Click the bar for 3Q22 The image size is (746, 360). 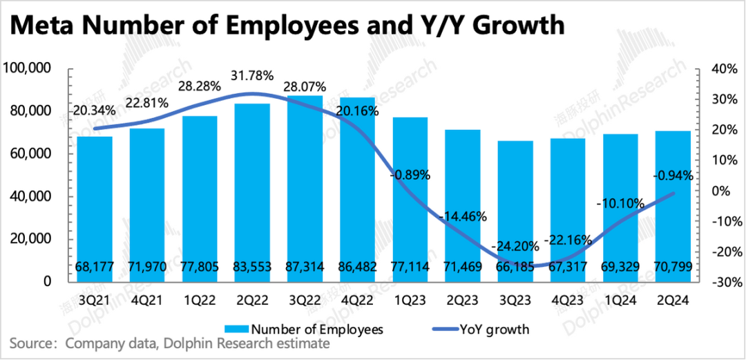coord(305,187)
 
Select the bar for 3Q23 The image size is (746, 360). coord(515,207)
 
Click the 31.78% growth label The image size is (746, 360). coord(251,75)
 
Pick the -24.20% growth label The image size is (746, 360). coord(515,246)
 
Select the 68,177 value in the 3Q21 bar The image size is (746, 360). coord(94,267)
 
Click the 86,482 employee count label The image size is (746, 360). coord(357,267)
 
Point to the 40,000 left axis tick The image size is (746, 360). coord(30,197)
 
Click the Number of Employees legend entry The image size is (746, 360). coord(308,329)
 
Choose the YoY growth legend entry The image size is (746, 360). coord(484,329)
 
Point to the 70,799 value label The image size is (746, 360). coord(673,267)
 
